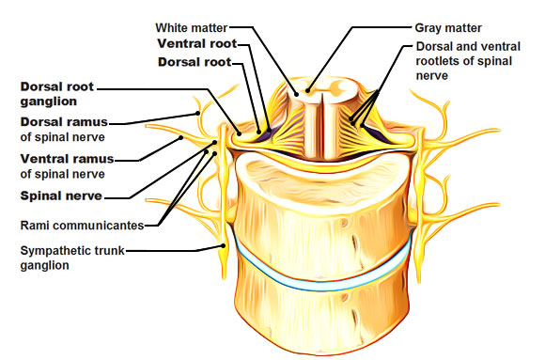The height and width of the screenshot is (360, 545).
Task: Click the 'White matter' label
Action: (x=191, y=27)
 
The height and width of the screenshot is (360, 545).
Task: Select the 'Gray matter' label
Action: (x=448, y=28)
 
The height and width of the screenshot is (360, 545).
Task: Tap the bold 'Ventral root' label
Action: (x=197, y=43)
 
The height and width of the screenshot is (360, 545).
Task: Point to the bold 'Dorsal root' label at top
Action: (x=195, y=62)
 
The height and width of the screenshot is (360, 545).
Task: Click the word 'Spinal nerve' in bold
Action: (x=61, y=196)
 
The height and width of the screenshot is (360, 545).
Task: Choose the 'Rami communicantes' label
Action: (x=82, y=226)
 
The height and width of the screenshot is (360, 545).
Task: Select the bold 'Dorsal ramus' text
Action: (x=64, y=122)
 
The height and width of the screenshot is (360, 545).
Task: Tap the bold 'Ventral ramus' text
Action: (x=67, y=159)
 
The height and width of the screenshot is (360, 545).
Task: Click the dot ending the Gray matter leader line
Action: (x=307, y=91)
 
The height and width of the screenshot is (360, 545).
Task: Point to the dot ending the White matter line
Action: (x=296, y=94)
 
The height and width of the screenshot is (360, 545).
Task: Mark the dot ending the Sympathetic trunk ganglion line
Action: (x=223, y=245)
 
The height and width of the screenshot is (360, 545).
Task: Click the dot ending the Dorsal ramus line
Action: (x=197, y=113)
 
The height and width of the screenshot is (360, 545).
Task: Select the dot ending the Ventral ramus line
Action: (x=180, y=138)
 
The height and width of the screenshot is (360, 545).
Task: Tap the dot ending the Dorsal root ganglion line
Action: (x=239, y=133)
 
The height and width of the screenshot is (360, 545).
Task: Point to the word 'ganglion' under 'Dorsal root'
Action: (x=48, y=102)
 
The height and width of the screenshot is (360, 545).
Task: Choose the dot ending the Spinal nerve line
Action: (x=215, y=142)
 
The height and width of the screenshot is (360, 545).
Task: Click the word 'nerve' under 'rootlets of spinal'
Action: (x=431, y=75)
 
